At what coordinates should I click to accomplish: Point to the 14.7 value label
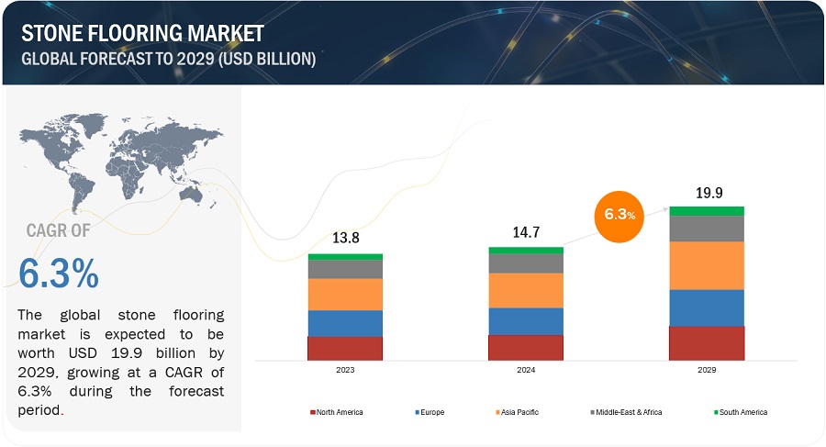[525, 233]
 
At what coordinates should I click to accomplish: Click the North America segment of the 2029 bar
[706, 342]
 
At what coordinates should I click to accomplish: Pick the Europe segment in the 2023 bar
[344, 323]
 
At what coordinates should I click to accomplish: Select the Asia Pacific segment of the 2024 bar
[525, 290]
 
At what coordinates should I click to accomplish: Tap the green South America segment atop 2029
[706, 211]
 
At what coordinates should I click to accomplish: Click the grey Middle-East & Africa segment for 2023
[344, 269]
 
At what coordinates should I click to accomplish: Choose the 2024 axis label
[525, 371]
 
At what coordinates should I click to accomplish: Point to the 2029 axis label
[706, 371]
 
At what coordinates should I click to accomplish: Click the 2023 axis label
[344, 371]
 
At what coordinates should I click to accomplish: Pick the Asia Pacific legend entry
[519, 412]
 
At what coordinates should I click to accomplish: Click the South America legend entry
[741, 412]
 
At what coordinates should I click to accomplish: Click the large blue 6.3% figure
[59, 274]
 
